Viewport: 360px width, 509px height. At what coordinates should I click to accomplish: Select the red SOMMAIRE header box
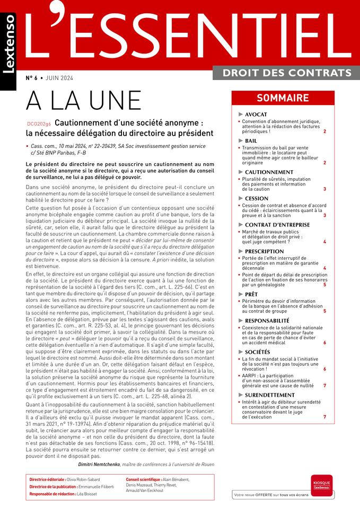click(283, 98)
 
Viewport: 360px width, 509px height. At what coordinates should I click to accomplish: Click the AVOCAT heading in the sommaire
click(256, 115)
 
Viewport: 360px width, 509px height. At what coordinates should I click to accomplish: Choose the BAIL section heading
click(251, 141)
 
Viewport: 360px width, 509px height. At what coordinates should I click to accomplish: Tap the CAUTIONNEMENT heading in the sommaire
click(269, 172)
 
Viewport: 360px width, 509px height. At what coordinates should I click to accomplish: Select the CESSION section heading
click(257, 199)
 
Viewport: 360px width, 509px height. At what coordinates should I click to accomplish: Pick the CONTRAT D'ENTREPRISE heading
click(277, 225)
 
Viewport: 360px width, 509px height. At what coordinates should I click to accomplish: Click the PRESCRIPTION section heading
click(265, 251)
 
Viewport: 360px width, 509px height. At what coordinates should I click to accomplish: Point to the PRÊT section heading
click(252, 294)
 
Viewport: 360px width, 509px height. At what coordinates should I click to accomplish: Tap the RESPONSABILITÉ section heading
click(267, 321)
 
